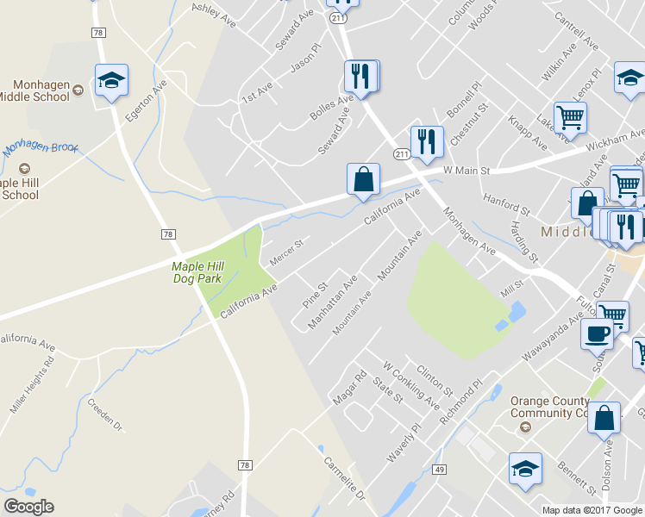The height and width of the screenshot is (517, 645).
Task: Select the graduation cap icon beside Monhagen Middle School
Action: (111, 80)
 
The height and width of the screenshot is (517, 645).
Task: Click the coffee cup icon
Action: (597, 333)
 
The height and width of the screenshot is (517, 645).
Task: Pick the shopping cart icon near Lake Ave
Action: (570, 116)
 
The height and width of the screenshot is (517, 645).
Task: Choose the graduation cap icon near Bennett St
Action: (525, 469)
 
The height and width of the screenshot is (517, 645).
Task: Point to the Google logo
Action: (28, 507)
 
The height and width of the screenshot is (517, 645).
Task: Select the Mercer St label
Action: (286, 252)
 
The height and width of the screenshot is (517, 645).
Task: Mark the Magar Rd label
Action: (350, 388)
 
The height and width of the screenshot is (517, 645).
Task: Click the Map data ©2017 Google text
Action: (592, 510)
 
